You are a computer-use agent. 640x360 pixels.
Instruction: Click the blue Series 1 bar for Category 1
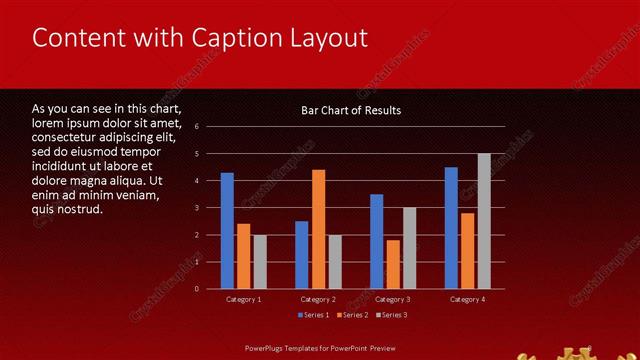pos(227,231)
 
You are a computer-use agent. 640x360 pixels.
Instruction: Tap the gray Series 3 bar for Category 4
pos(484,221)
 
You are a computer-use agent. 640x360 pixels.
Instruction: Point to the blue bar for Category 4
pos(451,228)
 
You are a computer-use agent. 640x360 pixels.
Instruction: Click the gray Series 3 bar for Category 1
pos(260,262)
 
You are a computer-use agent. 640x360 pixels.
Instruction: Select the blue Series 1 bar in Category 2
pos(302,255)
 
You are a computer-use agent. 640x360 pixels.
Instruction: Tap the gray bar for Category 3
pos(410,248)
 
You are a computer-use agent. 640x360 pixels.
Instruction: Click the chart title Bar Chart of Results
pos(351,110)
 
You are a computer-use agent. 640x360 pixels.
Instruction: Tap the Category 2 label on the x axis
pos(318,299)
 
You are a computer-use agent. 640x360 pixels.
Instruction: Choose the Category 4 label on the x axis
pos(468,299)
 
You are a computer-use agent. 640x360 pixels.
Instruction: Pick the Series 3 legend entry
pos(392,315)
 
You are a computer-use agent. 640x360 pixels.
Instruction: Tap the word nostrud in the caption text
pos(81,209)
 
